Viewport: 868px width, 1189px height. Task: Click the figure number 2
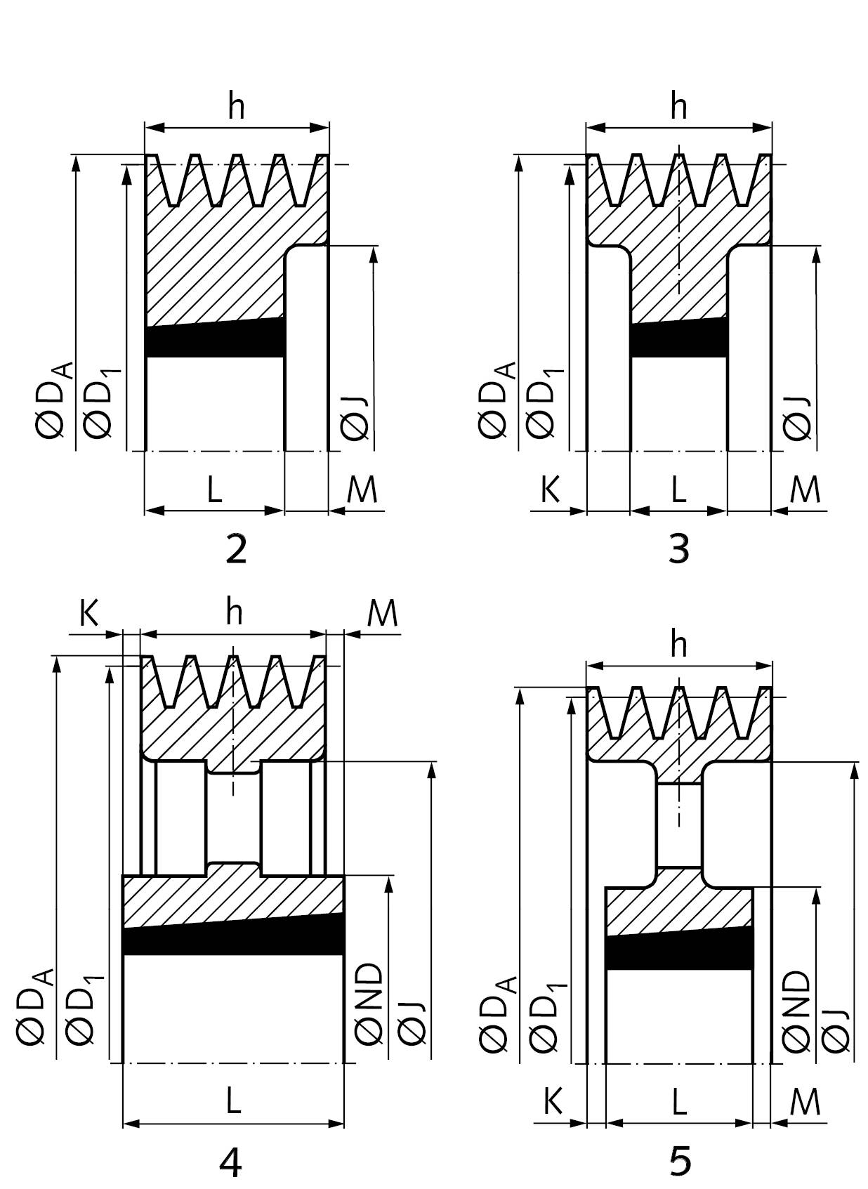tap(236, 549)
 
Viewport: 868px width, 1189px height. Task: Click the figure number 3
tap(679, 549)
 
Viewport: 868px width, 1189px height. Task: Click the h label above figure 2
tap(237, 105)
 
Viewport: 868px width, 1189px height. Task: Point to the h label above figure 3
tap(679, 105)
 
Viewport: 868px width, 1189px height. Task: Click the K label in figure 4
tap(89, 614)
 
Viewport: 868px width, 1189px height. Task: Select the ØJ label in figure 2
tap(355, 419)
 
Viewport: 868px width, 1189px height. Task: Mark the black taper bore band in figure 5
tap(680, 950)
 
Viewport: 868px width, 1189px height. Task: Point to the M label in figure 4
tap(382, 614)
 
